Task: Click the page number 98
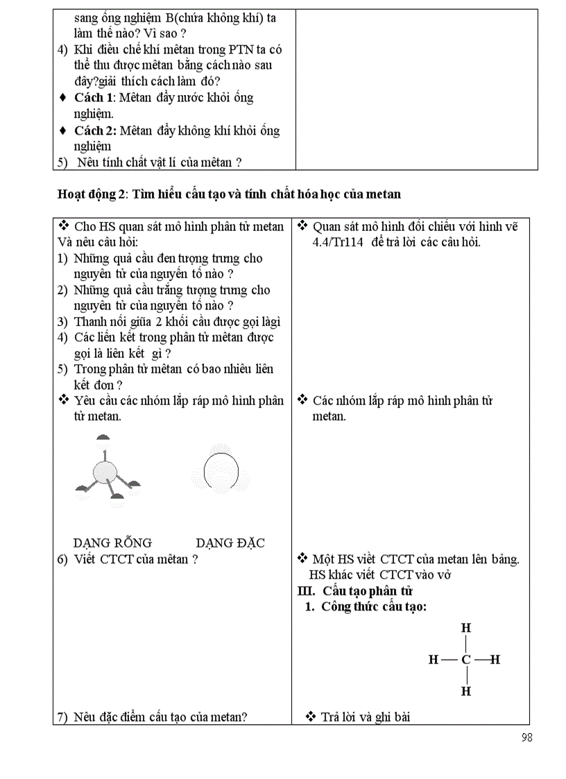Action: click(526, 737)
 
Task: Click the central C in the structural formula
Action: click(466, 660)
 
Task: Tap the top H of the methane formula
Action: click(466, 628)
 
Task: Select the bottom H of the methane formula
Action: click(466, 692)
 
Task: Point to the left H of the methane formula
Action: click(434, 660)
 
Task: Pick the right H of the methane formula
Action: click(495, 660)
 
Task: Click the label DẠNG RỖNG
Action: click(112, 543)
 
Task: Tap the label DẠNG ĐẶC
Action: click(230, 543)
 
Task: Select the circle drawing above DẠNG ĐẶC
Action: click(221, 472)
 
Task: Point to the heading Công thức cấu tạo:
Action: click(374, 607)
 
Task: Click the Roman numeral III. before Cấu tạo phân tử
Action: click(306, 591)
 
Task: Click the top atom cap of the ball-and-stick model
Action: click(103, 438)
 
